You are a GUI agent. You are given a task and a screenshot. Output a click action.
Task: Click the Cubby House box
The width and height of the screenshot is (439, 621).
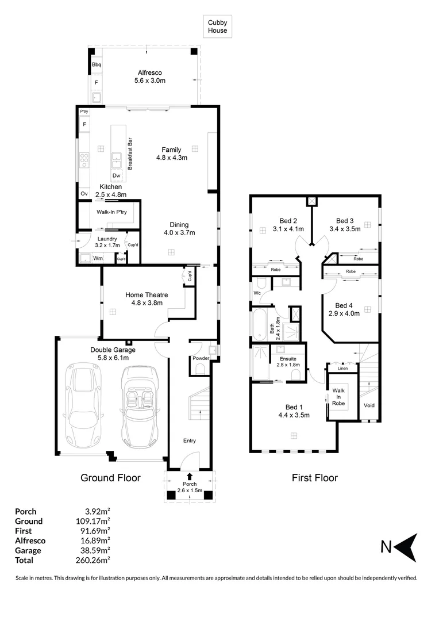[x=217, y=26]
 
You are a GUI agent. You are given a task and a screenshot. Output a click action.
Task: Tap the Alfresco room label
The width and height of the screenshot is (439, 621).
[x=150, y=76]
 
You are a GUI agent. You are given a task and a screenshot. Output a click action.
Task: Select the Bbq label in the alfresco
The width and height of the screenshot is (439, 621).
[x=97, y=64]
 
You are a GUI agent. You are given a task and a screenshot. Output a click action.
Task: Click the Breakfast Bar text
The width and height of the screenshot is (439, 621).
[x=130, y=154]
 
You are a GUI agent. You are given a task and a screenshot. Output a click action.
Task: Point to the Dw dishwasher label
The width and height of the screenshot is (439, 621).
[x=117, y=175]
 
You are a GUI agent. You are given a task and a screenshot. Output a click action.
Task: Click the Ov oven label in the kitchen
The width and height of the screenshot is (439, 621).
[x=84, y=194]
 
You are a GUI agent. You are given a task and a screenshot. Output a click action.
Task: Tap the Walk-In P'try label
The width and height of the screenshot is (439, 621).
[x=111, y=212]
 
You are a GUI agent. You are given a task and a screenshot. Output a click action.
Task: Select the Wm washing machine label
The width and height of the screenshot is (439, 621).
[x=98, y=258]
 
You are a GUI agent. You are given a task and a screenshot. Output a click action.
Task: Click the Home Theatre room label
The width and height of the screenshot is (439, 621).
[x=147, y=298]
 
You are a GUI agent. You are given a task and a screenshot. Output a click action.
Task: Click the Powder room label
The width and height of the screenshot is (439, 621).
[x=201, y=358]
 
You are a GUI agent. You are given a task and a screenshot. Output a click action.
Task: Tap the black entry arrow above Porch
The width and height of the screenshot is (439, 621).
[x=190, y=477]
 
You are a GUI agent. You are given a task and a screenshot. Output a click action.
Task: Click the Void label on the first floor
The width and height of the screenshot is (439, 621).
[x=369, y=405]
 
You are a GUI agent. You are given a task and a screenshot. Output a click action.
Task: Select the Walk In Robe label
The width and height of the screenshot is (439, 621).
[x=338, y=397]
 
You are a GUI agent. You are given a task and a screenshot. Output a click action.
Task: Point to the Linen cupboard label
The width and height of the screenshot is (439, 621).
[x=343, y=369]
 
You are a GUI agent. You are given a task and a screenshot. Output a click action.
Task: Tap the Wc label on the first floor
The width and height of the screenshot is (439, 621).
[x=257, y=293]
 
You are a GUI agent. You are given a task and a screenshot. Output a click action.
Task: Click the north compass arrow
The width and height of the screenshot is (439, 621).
[x=406, y=547]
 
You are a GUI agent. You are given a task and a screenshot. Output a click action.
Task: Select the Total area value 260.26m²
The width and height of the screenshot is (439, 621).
[x=93, y=560]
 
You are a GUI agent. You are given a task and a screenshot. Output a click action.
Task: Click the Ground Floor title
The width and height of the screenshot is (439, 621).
[x=110, y=478]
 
